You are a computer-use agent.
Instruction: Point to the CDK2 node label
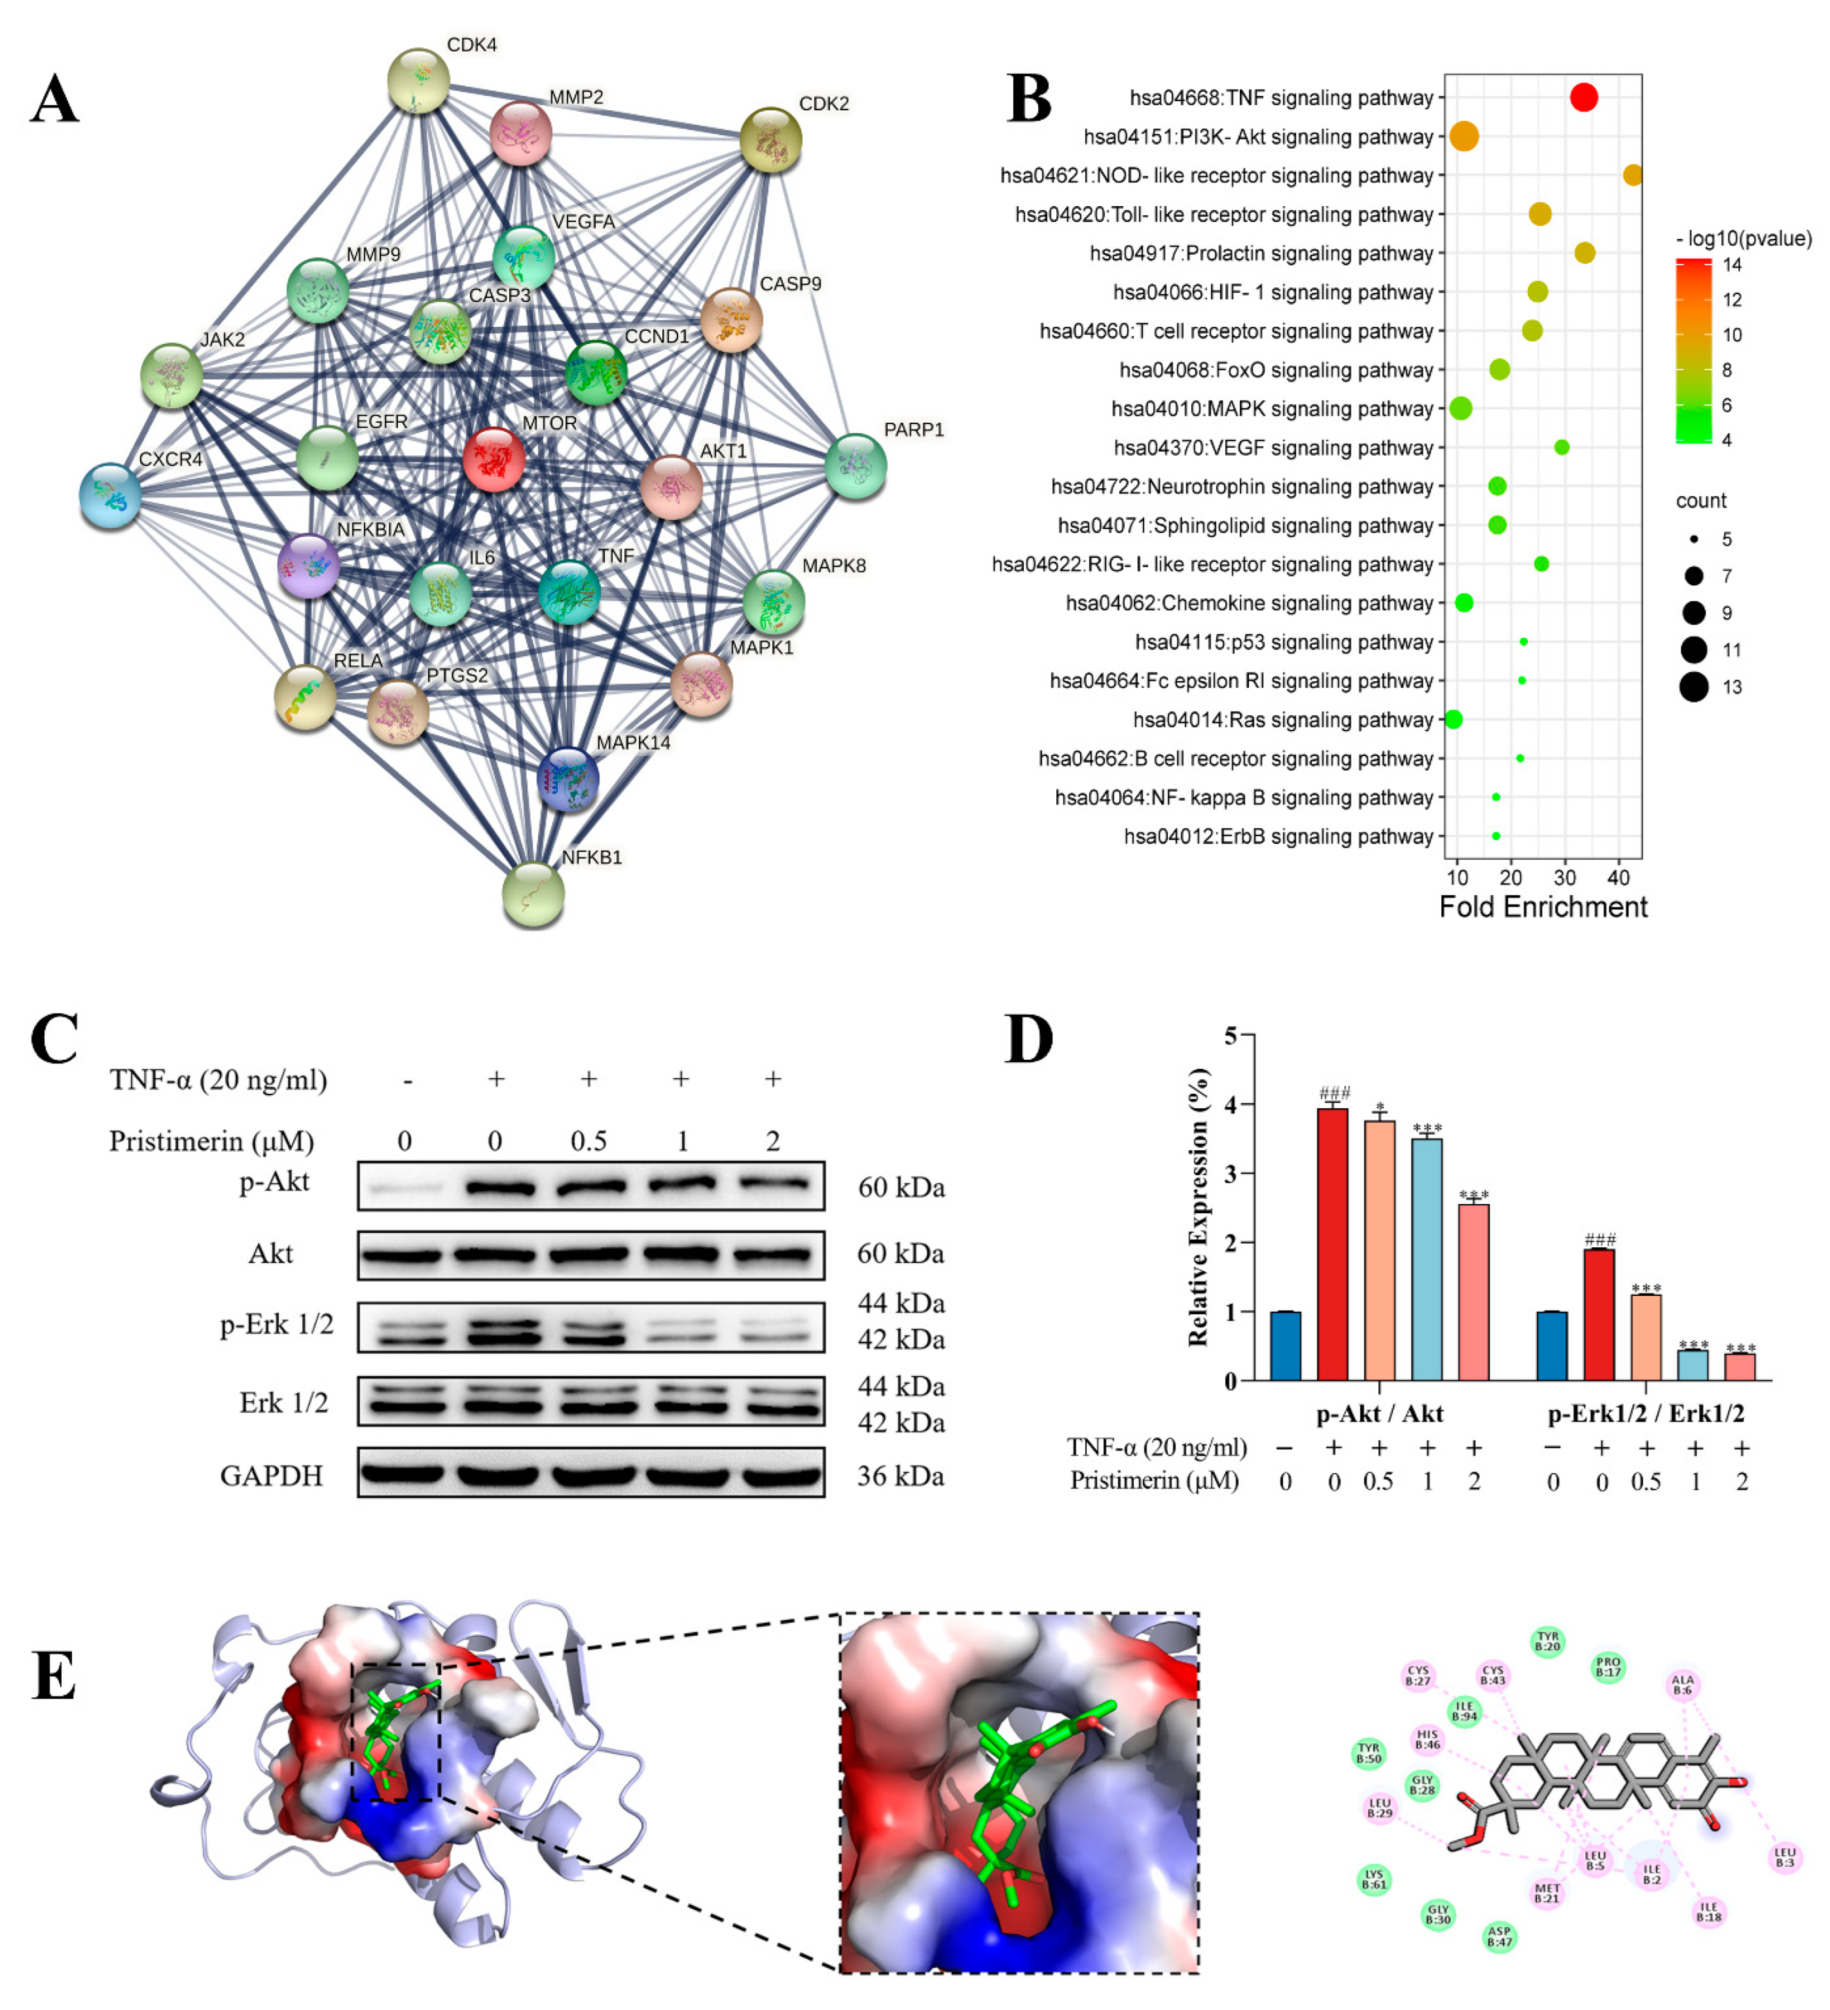(824, 104)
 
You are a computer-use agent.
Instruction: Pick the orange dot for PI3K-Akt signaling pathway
(1463, 136)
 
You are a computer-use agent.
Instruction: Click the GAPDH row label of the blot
(271, 1475)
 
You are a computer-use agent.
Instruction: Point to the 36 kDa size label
(901, 1475)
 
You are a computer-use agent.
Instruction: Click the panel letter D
(1028, 1040)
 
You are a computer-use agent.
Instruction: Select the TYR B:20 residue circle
(1547, 1641)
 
